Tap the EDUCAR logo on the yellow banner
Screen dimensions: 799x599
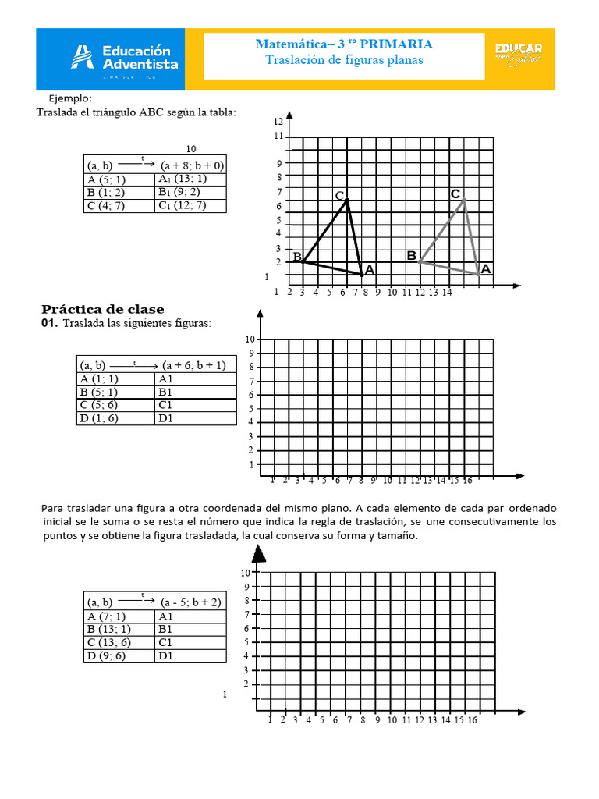[518, 55]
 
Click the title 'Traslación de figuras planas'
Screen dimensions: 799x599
[344, 60]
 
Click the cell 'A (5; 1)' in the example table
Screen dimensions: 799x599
[106, 179]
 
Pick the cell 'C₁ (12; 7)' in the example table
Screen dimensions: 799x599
[182, 206]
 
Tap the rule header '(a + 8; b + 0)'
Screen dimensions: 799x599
[192, 165]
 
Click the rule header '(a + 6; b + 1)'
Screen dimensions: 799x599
[194, 364]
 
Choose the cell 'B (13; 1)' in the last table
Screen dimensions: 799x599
[109, 629]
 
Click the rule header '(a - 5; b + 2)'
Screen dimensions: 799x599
[191, 602]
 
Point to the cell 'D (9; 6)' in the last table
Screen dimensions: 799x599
[106, 655]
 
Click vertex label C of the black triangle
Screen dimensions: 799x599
[339, 195]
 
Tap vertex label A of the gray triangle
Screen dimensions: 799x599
[486, 268]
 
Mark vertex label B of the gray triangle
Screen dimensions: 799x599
[411, 255]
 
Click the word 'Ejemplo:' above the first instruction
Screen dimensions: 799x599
[70, 98]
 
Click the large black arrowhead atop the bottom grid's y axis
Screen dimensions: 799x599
[260, 553]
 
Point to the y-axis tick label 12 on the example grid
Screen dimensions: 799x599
[278, 123]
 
